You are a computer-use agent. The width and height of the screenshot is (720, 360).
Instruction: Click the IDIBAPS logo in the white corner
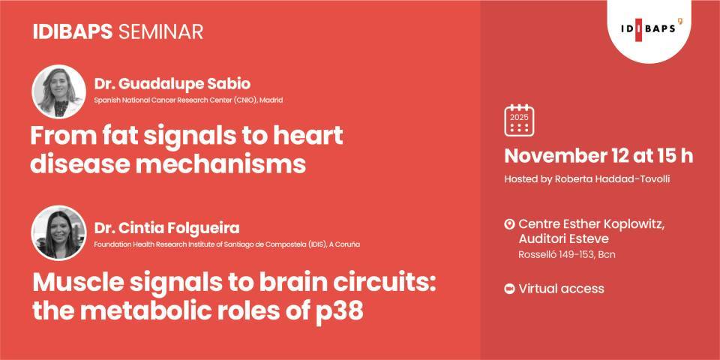[x=652, y=29]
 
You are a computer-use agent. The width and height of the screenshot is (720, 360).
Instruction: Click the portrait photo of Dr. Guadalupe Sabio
[x=58, y=91]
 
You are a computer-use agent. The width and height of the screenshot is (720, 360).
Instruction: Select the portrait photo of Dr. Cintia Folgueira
[x=58, y=232]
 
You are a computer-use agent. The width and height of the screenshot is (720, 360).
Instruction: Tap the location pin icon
[x=509, y=224]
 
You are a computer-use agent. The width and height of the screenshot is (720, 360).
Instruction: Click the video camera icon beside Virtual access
[x=509, y=289]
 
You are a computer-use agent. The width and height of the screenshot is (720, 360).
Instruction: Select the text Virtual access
[x=561, y=289]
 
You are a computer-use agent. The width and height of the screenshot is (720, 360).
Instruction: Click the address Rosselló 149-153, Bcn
[x=566, y=255]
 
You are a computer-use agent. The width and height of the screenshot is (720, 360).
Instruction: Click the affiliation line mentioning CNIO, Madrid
[x=188, y=100]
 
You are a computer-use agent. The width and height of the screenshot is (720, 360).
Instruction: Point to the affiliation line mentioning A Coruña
[x=231, y=244]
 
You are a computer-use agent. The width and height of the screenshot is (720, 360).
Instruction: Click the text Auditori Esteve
[x=563, y=238]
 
